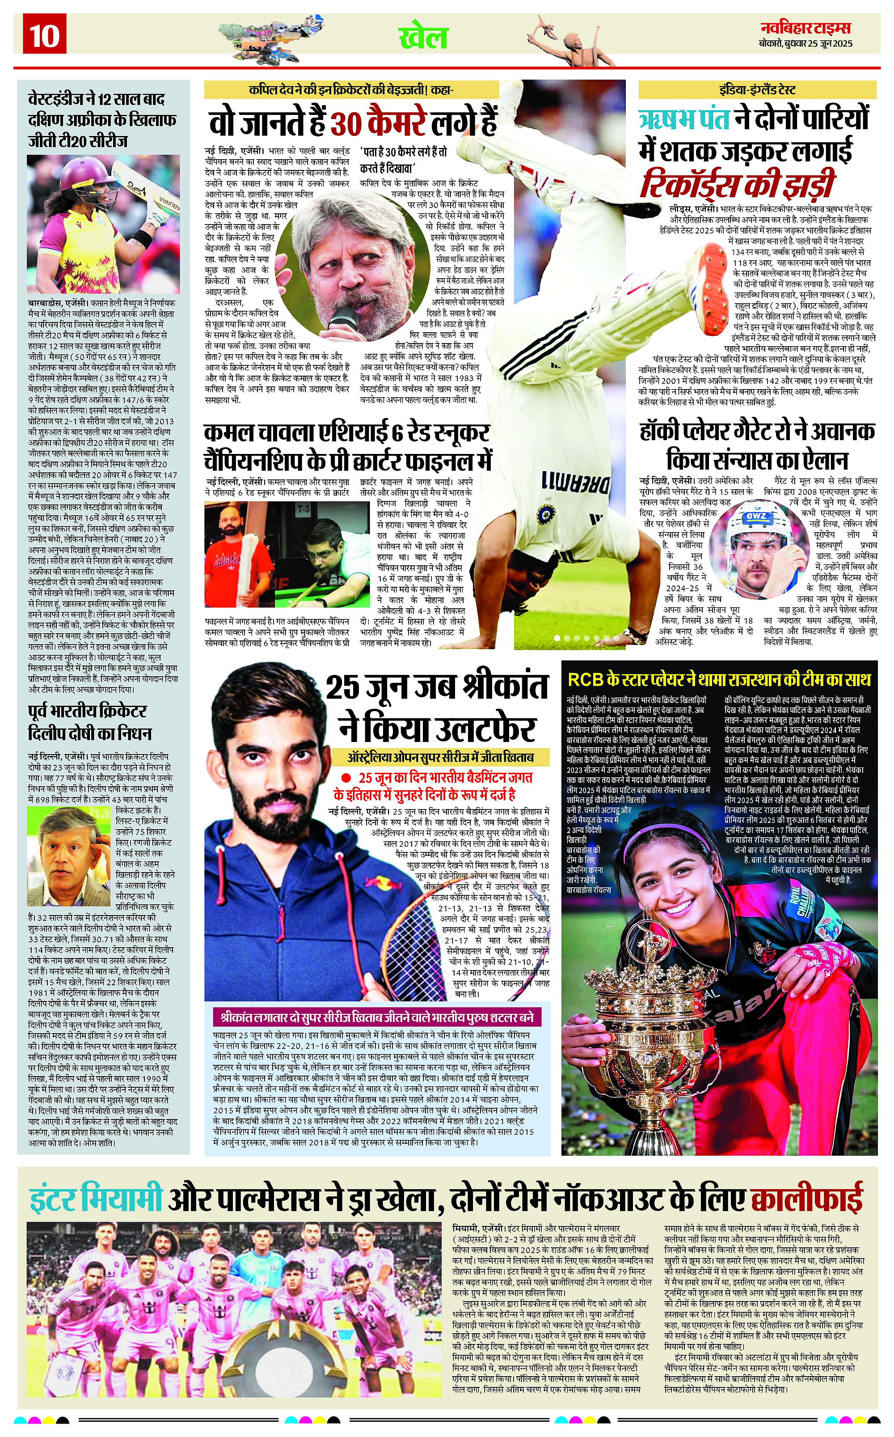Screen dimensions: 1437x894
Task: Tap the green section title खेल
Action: pos(423,37)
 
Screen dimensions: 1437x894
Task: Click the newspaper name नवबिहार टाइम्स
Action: pos(805,28)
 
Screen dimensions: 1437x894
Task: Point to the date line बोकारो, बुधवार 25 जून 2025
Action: pos(805,44)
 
